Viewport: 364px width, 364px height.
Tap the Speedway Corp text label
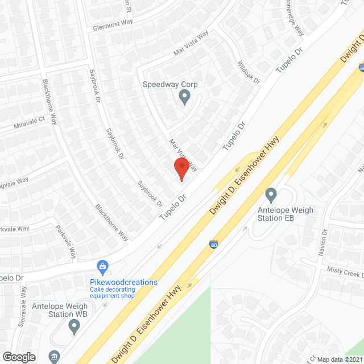tap(170, 84)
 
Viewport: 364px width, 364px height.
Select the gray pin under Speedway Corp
tap(184, 97)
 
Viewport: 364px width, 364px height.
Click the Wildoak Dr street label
tap(248, 72)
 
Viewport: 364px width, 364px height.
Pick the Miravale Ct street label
tap(22, 124)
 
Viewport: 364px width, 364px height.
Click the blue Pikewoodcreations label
tap(123, 282)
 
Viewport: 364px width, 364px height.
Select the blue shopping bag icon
tap(103, 266)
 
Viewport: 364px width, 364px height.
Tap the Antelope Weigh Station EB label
tap(282, 214)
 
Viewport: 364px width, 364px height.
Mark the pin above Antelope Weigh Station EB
tap(271, 195)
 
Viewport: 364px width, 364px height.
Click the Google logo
tap(19, 357)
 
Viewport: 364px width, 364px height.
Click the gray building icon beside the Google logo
tap(54, 357)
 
